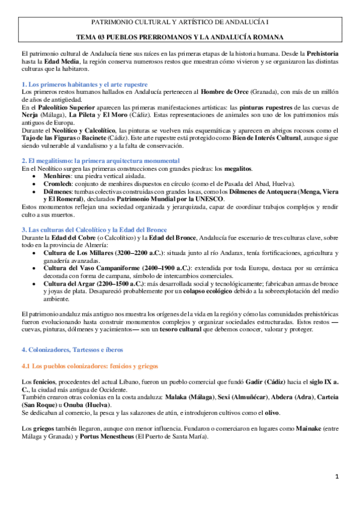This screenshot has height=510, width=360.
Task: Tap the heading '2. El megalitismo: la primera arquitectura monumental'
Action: (100, 161)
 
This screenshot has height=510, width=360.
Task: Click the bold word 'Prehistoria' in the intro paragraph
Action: (322, 54)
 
